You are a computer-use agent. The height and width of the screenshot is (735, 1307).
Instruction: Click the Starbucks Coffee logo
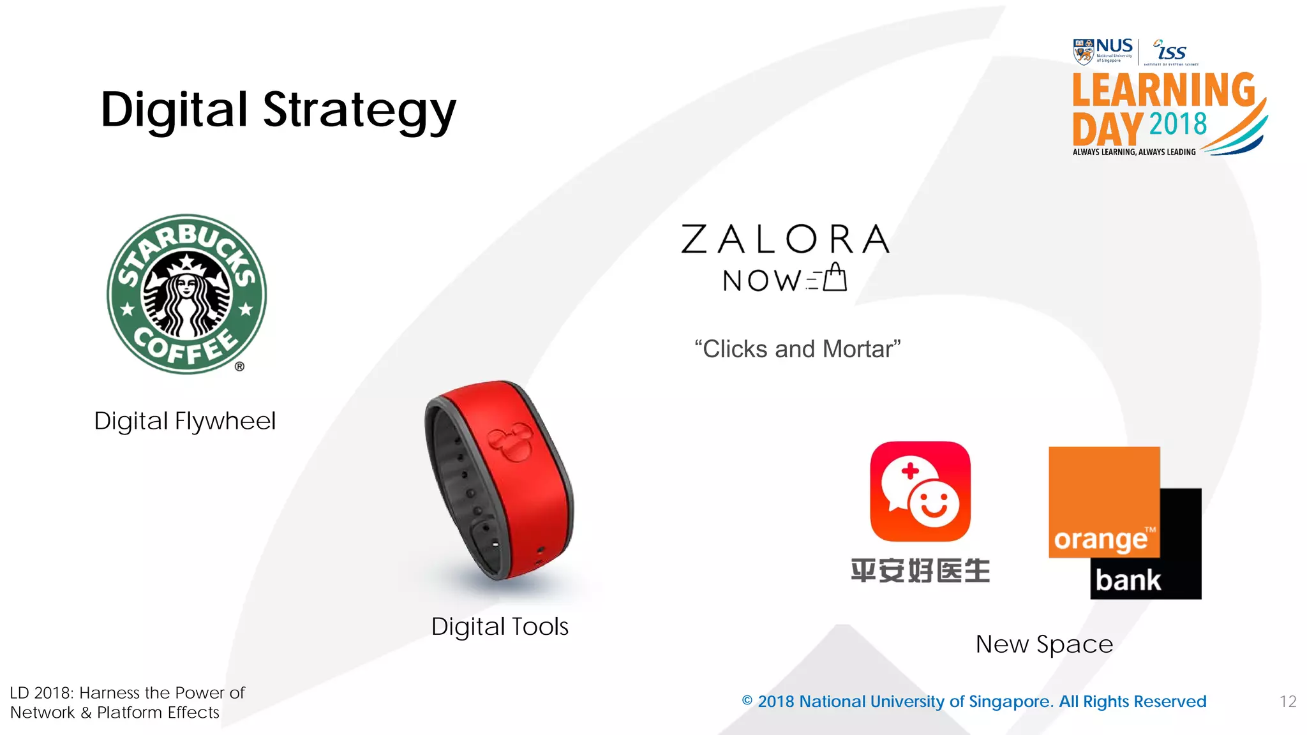186,294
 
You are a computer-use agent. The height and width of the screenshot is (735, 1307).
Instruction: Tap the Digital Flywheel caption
185,421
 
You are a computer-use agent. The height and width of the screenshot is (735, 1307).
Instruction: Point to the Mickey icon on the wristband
510,441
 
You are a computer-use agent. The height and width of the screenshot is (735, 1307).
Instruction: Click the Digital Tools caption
500,627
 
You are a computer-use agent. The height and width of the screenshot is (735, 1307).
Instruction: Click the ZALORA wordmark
785,239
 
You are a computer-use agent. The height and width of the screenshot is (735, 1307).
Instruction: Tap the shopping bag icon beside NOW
834,278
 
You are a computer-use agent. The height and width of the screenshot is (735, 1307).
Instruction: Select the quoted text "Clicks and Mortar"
798,349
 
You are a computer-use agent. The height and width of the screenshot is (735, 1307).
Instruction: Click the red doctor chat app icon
920,491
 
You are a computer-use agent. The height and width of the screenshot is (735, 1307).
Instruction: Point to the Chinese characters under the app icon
920,570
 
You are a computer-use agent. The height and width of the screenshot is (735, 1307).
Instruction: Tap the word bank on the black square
1128,580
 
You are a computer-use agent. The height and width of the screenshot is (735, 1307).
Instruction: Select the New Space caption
1044,644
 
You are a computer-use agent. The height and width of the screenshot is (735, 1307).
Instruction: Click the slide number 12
1288,702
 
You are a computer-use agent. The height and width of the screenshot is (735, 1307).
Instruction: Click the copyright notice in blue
974,702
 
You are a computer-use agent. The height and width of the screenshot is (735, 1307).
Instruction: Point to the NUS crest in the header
1083,52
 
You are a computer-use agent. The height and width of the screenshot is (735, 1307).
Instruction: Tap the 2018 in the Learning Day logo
1178,124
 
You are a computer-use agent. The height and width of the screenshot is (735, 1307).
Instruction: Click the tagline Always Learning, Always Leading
1134,152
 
